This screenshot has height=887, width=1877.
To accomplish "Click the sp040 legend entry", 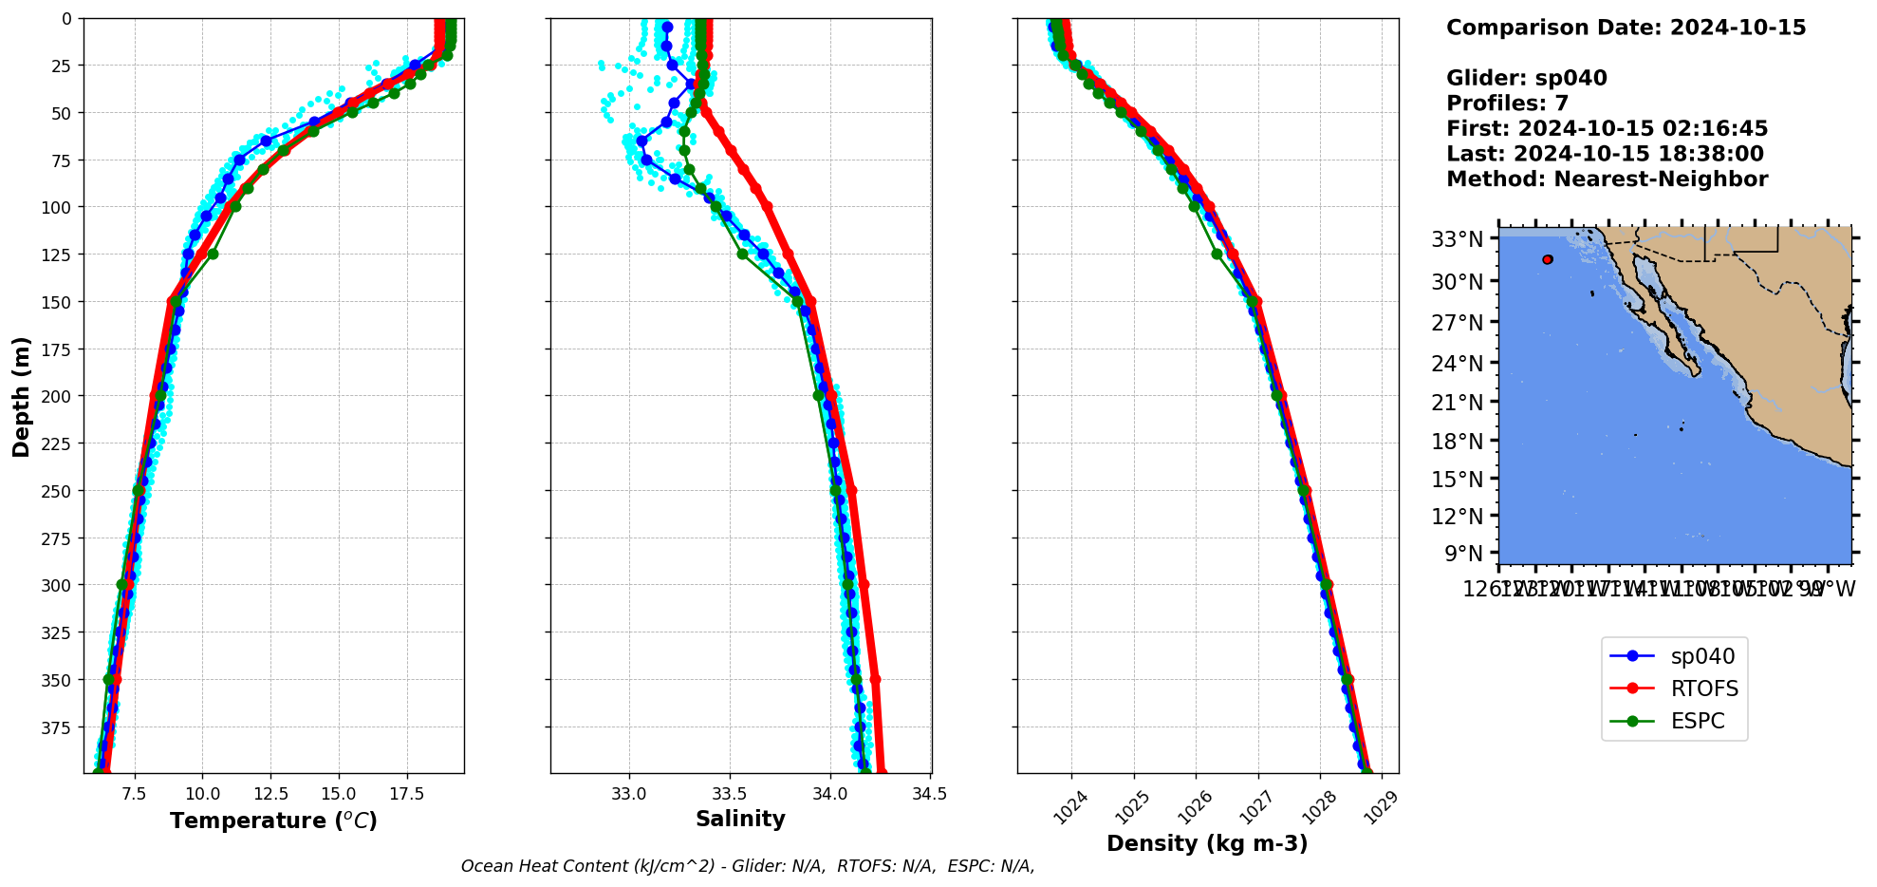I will (1674, 656).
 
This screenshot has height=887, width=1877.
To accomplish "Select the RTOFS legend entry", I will (1674, 689).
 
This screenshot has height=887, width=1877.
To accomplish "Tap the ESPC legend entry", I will (1674, 721).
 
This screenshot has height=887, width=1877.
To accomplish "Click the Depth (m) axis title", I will (21, 396).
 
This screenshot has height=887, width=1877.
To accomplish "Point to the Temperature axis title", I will (273, 821).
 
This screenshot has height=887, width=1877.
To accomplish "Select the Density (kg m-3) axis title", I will (1207, 843).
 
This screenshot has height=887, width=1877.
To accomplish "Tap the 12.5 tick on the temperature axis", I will (270, 794).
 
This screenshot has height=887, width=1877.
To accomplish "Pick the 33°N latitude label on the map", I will (1457, 239).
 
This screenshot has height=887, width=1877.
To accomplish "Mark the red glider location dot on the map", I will (1548, 259).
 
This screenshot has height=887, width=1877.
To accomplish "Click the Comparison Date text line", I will (1626, 28).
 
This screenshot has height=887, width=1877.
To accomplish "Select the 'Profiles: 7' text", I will (1507, 104).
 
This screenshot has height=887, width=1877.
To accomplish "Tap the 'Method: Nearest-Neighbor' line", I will (1607, 179).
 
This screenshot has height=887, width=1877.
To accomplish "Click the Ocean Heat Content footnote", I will (748, 866).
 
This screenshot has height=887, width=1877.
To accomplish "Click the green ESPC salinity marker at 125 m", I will (742, 254).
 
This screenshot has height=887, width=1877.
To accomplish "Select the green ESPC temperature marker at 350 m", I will (109, 680).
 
